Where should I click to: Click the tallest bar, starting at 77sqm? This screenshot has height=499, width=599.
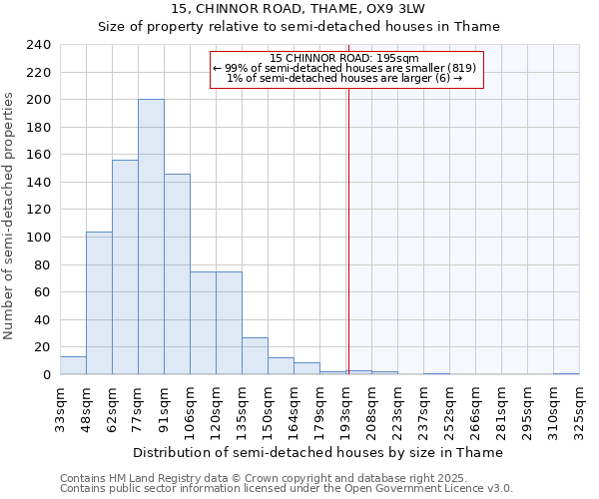point(151,237)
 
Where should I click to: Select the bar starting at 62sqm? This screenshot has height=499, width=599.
point(125,266)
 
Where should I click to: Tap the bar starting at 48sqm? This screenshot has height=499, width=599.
point(99,302)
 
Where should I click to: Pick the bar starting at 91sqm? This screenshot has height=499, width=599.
point(177,273)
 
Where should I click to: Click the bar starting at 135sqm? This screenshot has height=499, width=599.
point(255,355)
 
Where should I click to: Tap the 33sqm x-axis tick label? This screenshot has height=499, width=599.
point(61,407)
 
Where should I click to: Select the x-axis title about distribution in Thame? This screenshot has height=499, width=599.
point(317,452)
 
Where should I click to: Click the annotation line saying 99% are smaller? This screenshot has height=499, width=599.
point(344,68)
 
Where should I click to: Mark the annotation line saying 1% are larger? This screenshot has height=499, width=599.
point(344,78)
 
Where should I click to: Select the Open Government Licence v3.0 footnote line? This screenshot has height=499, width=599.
point(286,488)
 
